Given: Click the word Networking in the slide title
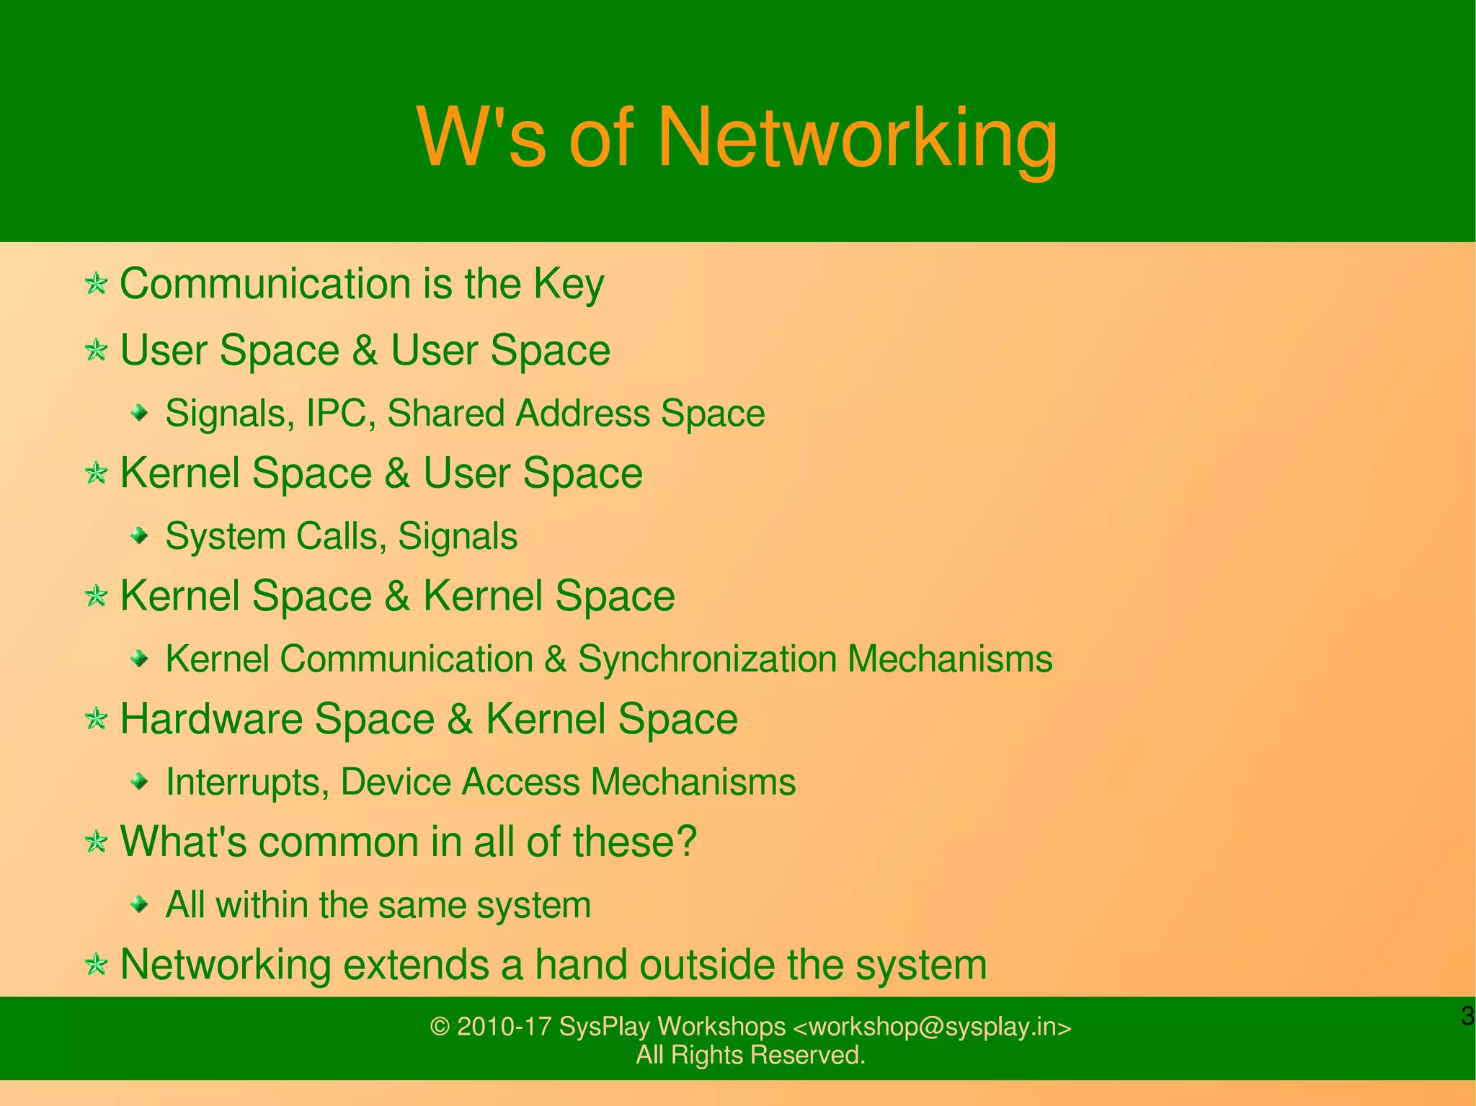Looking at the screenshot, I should [858, 138].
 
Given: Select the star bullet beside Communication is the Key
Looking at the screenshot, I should [96, 283].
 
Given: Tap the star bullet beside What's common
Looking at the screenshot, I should [96, 841].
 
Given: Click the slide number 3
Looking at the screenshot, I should [1467, 1016].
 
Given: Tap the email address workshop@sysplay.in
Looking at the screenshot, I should [932, 1027].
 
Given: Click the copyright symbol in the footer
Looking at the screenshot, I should [439, 1027].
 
